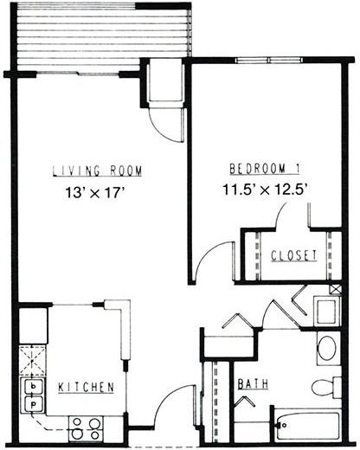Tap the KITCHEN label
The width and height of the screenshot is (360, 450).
click(87, 388)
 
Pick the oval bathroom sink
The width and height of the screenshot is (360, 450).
click(327, 349)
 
